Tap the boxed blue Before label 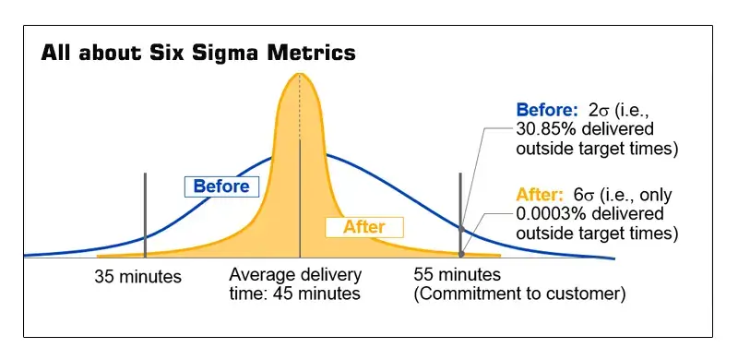click(x=221, y=186)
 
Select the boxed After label click(x=363, y=226)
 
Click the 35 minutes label click(x=138, y=276)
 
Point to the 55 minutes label click(x=458, y=275)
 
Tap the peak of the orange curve click(x=300, y=73)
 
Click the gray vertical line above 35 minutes click(x=145, y=212)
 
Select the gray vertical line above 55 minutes click(x=460, y=212)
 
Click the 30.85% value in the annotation click(x=547, y=127)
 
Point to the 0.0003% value click(x=549, y=213)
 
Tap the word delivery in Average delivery click(x=330, y=275)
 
